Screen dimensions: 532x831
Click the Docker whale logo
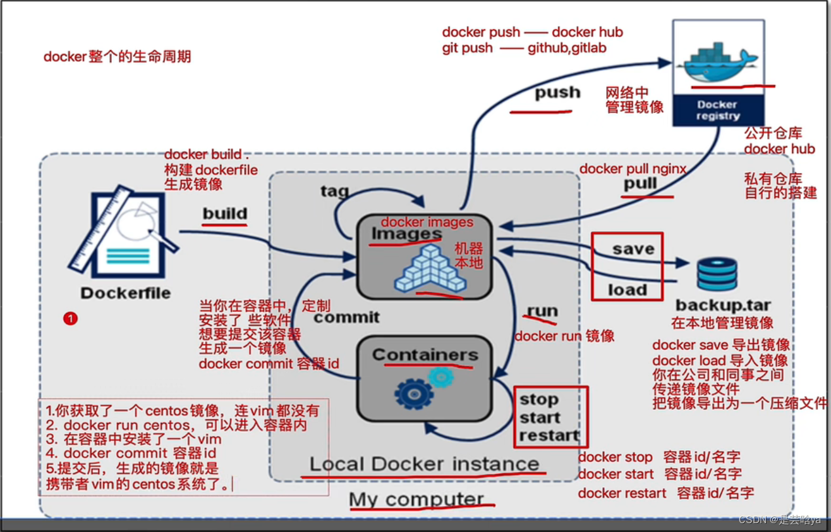tap(717, 61)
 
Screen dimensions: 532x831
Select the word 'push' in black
tap(557, 93)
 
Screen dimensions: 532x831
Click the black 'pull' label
tap(640, 184)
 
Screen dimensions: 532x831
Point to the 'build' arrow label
tap(225, 213)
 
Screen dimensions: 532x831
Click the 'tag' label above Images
tap(334, 190)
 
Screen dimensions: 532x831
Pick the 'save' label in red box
tap(633, 249)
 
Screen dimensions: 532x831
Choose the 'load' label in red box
tap(628, 290)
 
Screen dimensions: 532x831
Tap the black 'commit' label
tap(346, 317)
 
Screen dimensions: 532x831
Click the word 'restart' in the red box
tap(549, 436)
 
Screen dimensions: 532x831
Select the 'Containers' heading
tap(425, 355)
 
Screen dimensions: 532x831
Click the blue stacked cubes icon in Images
tap(430, 268)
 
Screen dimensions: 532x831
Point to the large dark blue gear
tap(413, 394)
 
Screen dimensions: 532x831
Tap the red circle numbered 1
tap(70, 318)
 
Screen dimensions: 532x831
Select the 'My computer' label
tap(416, 499)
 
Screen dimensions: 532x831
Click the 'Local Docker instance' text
tap(424, 464)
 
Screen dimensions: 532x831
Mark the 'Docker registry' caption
tap(717, 110)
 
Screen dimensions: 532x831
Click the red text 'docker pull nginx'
tap(633, 168)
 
